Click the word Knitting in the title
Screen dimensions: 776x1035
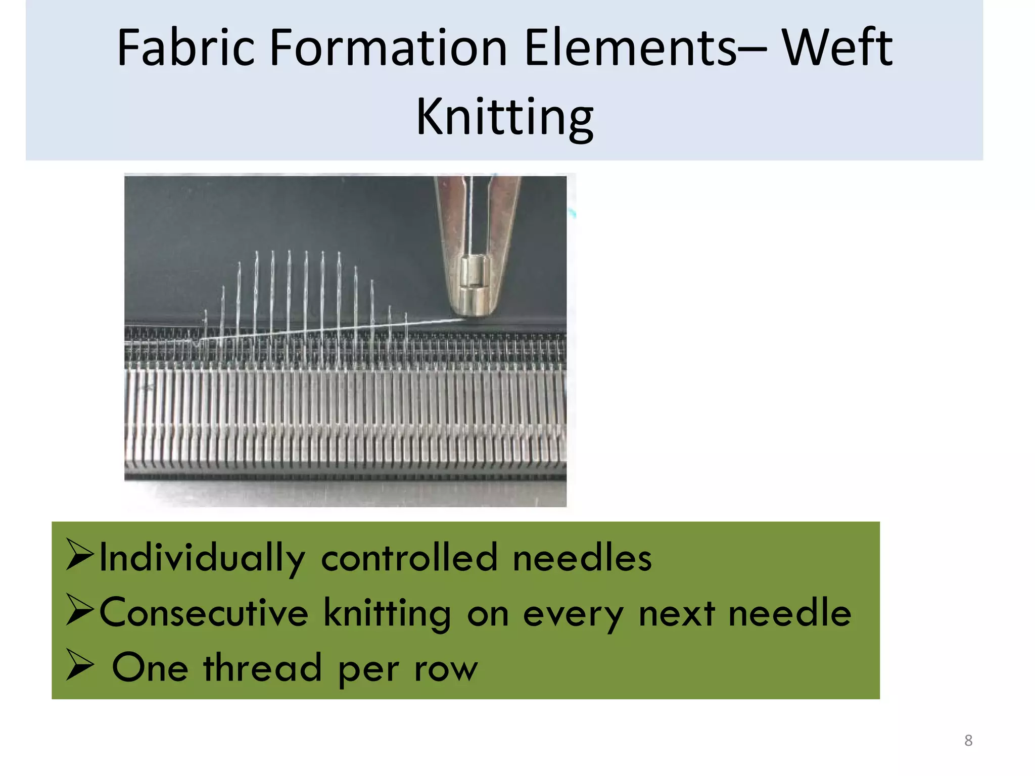tap(504, 117)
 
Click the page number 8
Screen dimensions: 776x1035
tap(968, 741)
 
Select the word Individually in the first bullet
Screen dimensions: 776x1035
tap(202, 558)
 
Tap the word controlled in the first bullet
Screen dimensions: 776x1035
tap(409, 557)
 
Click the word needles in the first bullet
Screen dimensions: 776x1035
tap(582, 557)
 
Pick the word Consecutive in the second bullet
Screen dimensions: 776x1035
tap(204, 612)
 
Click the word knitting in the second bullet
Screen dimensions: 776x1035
tap(387, 613)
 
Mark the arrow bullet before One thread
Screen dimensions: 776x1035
tap(80, 666)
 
